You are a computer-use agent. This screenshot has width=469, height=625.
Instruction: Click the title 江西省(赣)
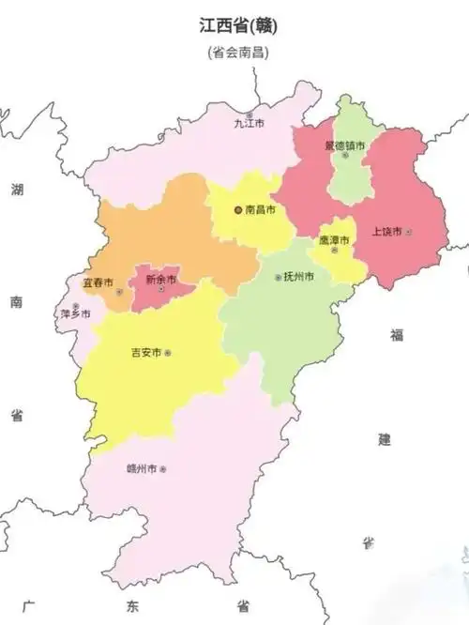[238, 25]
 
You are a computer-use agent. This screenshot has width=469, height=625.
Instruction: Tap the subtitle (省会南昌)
[238, 53]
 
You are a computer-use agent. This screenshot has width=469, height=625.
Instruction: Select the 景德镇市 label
[344, 145]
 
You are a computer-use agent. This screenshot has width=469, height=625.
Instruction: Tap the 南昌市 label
[260, 210]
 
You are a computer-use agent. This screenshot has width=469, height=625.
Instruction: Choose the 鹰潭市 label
[333, 240]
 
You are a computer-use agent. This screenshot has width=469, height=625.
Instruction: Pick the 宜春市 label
[98, 282]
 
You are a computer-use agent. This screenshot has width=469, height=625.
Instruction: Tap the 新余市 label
[160, 279]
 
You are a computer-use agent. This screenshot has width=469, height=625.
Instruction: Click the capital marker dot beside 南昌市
[237, 210]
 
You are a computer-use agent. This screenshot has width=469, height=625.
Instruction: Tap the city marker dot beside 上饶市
[409, 231]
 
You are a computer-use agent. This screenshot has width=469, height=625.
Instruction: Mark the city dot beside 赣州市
[163, 468]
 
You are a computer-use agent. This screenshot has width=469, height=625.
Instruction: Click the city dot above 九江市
[249, 114]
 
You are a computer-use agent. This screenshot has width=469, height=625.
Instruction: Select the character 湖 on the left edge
[17, 190]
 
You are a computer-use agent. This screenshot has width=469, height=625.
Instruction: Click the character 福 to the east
[397, 334]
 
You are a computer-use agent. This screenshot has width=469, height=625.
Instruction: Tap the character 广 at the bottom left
[28, 605]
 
